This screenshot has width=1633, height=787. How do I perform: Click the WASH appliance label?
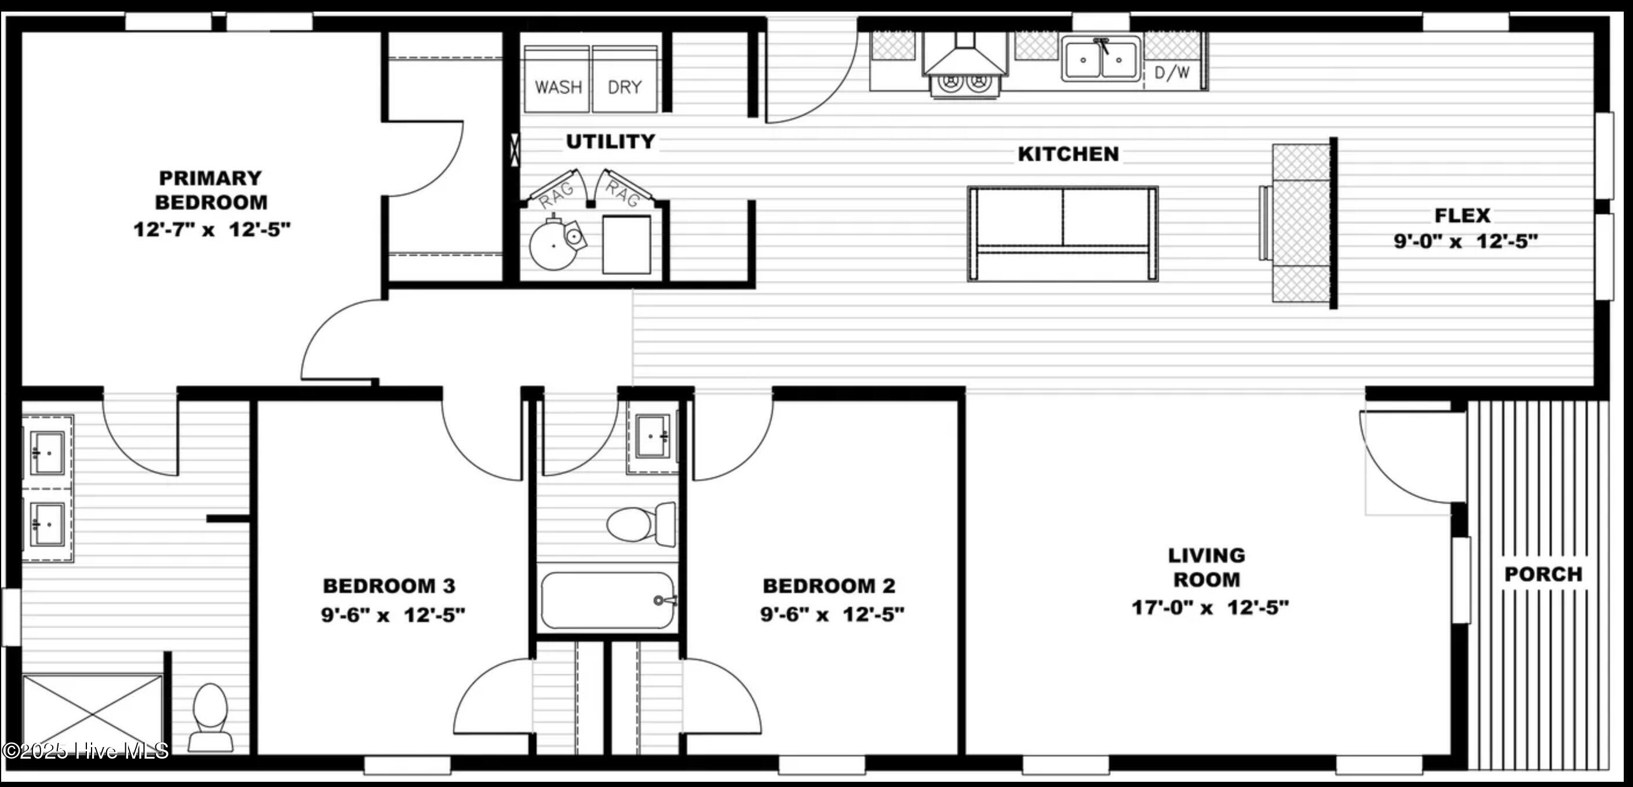(x=558, y=87)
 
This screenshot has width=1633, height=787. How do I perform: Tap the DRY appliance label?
(x=625, y=87)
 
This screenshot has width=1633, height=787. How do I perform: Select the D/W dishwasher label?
(x=1172, y=73)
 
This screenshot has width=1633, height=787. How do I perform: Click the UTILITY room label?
(x=610, y=141)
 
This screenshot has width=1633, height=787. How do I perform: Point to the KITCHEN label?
(x=1068, y=154)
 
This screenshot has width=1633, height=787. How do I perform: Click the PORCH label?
(x=1543, y=574)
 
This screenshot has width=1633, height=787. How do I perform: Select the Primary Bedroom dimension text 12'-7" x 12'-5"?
(x=212, y=229)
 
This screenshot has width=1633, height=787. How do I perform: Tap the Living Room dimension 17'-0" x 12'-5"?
(x=1210, y=607)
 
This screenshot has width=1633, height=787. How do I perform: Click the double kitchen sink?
(x=1101, y=58)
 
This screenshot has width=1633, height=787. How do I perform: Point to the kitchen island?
(x=1062, y=234)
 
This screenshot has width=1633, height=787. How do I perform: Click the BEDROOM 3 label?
(x=389, y=585)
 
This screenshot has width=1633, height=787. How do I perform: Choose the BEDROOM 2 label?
(x=829, y=585)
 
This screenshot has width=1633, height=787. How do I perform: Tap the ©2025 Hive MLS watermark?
(x=86, y=751)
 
